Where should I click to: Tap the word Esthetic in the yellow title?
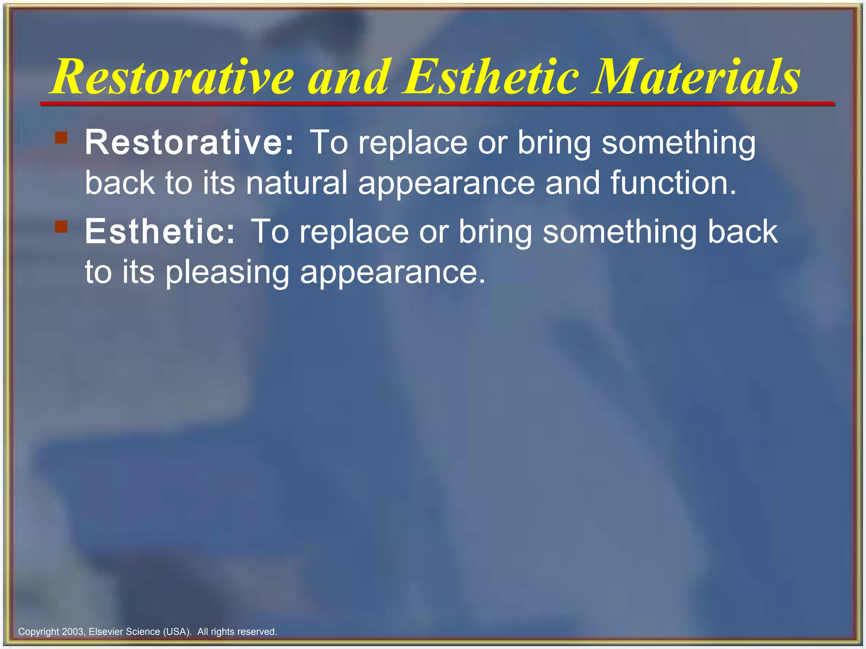coord(491,77)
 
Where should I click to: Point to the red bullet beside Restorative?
coord(61,138)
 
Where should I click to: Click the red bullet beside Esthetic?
coord(61,227)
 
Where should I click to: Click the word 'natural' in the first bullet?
coord(296,183)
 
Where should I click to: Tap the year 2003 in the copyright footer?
coord(73,632)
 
